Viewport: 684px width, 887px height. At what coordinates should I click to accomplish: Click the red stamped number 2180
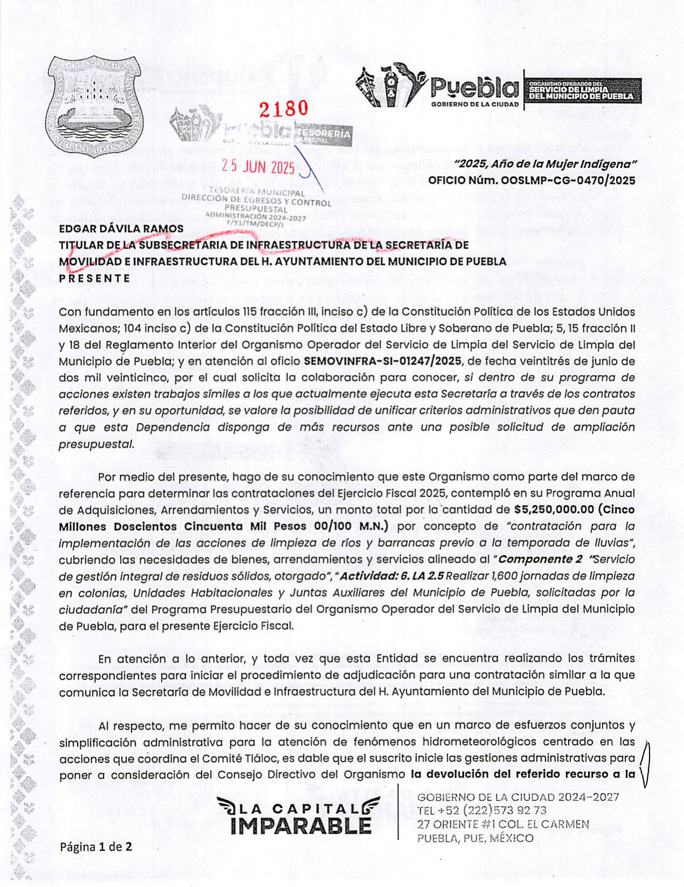point(283,109)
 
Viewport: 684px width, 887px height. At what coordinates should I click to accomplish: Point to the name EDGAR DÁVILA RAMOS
point(121,229)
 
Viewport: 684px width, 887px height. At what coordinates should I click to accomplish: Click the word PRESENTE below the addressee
point(94,278)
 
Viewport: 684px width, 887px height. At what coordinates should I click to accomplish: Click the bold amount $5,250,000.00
point(554,510)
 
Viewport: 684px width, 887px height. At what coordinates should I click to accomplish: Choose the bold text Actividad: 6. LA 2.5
point(392,576)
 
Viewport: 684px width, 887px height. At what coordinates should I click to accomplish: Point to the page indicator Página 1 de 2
point(96,847)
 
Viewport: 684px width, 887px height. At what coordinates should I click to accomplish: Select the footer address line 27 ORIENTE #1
point(462,824)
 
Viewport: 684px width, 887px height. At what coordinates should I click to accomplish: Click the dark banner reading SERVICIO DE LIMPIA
point(582,90)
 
